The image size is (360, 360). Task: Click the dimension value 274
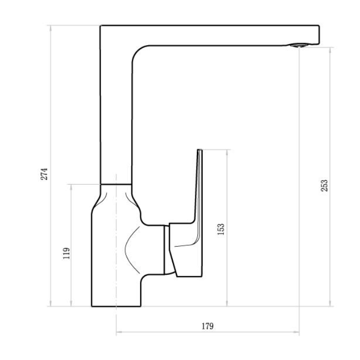point(44,174)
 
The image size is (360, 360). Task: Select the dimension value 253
point(324,186)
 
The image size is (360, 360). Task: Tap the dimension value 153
point(221,229)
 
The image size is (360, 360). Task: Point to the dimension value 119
point(66,253)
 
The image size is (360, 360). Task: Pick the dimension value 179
point(208,326)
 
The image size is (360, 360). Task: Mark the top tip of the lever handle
point(200,150)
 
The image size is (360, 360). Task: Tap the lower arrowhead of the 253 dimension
point(330,304)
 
